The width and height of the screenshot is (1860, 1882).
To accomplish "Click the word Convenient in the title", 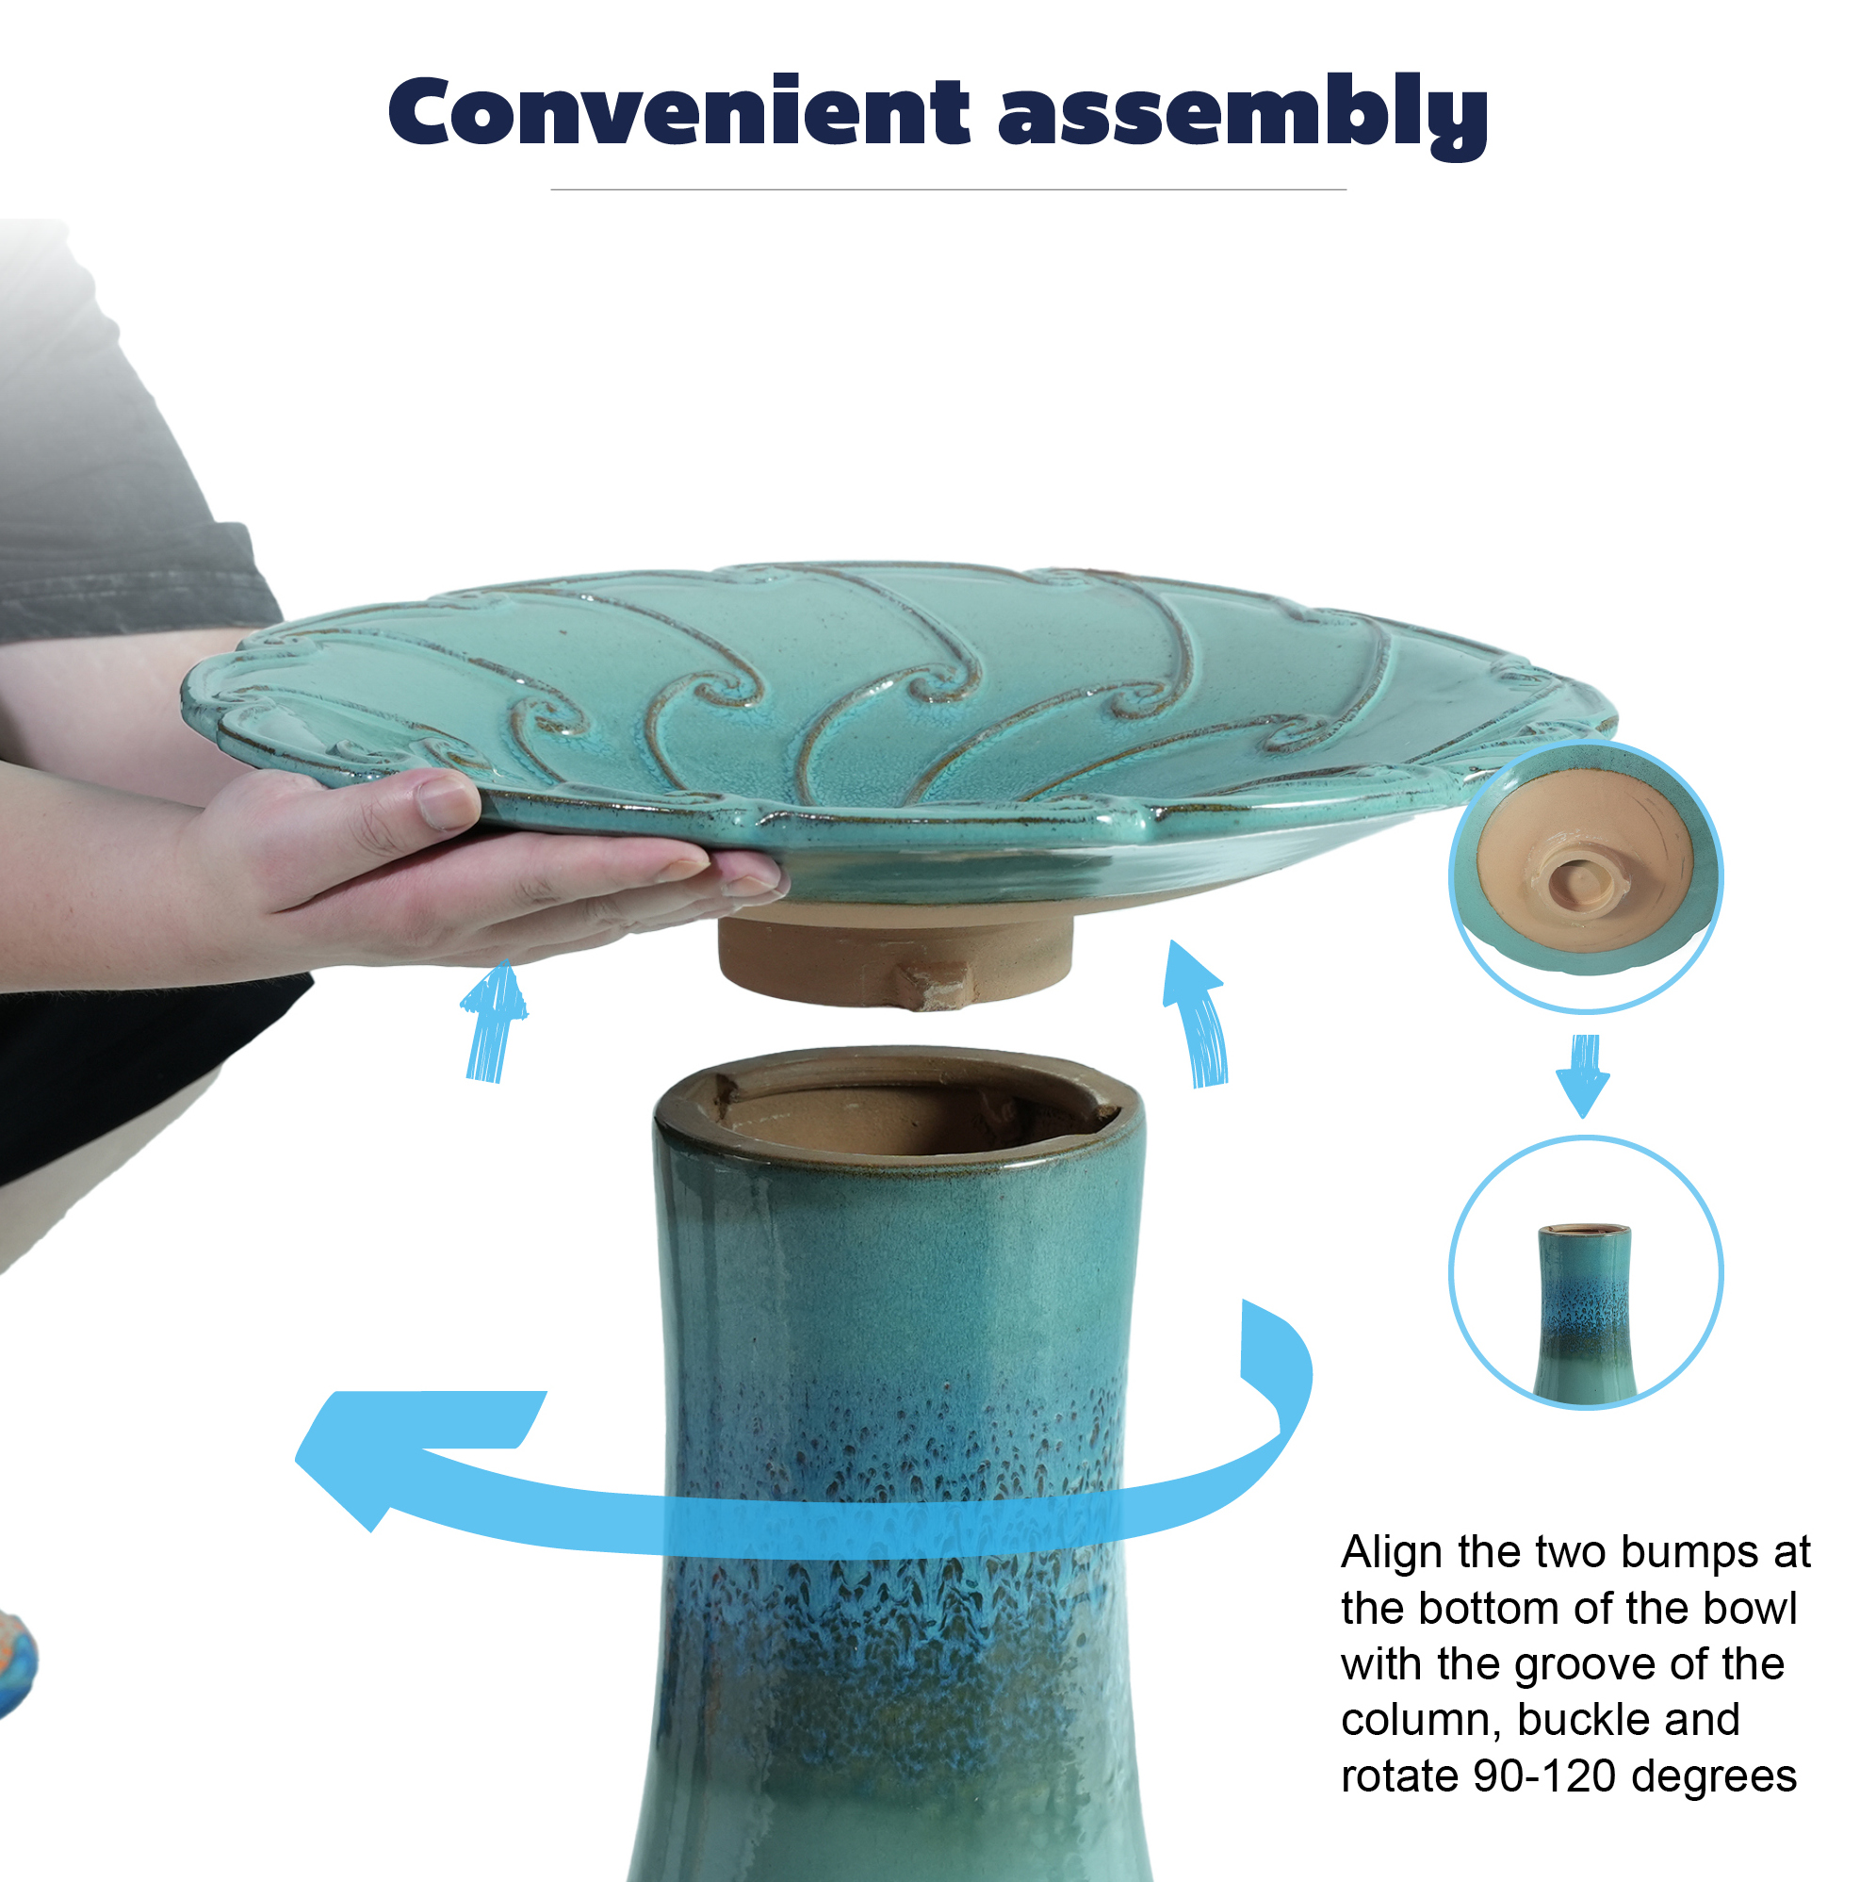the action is coord(678,111).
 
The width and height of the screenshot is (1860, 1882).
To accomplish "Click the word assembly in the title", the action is coord(1244,116).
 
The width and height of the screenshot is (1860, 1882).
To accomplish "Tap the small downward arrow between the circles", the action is coord(1582,1074).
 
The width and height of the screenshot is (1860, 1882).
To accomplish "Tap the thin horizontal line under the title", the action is coord(948,190).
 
